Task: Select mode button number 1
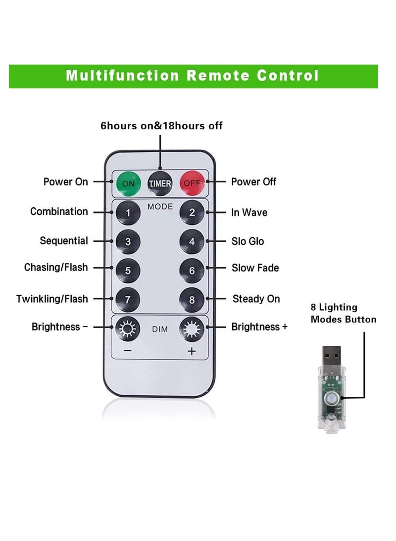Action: tap(128, 213)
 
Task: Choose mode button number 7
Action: tap(128, 299)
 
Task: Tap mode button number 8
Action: tap(192, 299)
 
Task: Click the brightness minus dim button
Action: tap(128, 328)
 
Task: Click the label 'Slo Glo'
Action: tap(247, 241)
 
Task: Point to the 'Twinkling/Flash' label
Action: tap(52, 299)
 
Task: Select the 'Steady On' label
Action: tap(256, 299)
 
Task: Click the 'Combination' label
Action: tap(59, 212)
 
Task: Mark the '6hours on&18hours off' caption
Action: tap(161, 126)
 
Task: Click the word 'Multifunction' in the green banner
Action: tap(122, 76)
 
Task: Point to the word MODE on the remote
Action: tap(160, 206)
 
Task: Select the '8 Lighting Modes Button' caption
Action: tap(343, 313)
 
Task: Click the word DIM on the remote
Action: tap(160, 328)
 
